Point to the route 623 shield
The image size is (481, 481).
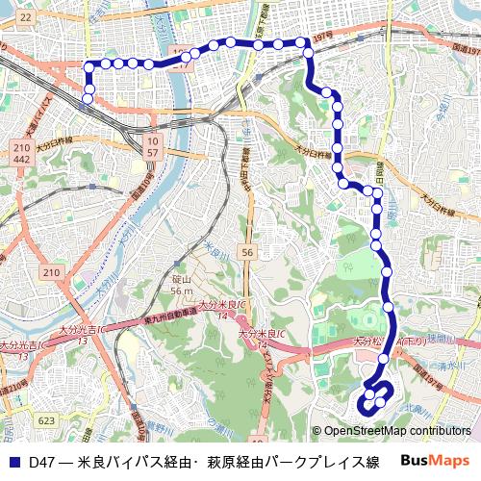click(46, 420)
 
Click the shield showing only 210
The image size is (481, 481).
click(51, 274)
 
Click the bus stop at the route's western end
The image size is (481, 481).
click(88, 97)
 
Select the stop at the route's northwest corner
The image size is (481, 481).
click(89, 65)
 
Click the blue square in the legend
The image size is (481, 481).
click(13, 462)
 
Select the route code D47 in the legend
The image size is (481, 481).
click(41, 462)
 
